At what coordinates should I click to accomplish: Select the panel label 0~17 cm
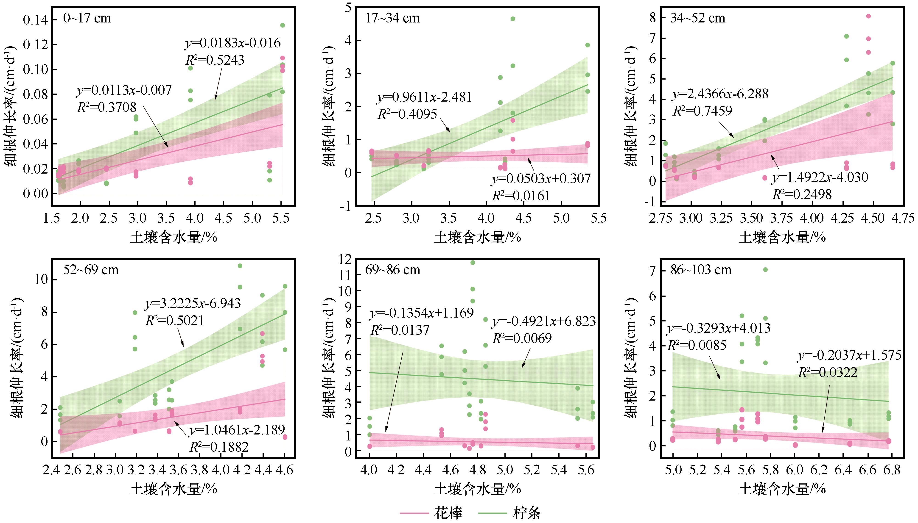pyautogui.click(x=87, y=18)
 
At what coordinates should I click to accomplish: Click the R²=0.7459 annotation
pyautogui.click(x=702, y=111)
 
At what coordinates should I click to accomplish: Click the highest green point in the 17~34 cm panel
pyautogui.click(x=513, y=19)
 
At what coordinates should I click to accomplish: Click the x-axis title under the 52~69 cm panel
pyautogui.click(x=174, y=489)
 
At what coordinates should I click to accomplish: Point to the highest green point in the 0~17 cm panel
pyautogui.click(x=283, y=25)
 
